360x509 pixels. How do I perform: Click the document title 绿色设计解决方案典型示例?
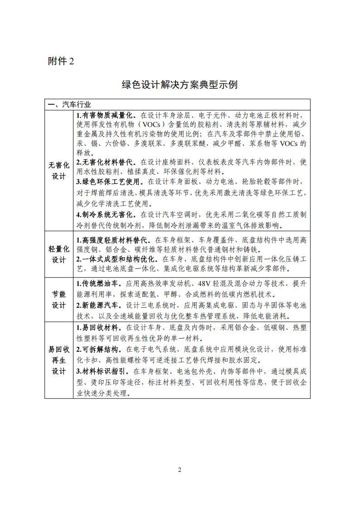(180, 85)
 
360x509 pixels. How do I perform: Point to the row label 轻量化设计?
(59, 254)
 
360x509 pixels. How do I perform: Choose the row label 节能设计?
(59, 299)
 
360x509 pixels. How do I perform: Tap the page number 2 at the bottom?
(180, 470)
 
